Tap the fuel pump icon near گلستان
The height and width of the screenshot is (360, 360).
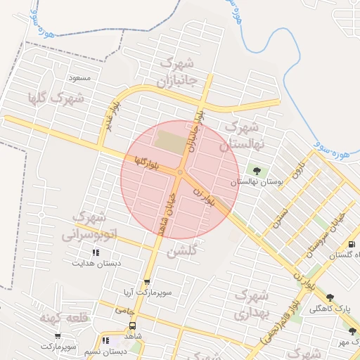[x=352, y=244]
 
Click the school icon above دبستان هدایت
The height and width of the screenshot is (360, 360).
[x=96, y=252]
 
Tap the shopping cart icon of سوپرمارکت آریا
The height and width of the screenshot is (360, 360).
[x=146, y=281]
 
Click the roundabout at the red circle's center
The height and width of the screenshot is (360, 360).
[x=180, y=172]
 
